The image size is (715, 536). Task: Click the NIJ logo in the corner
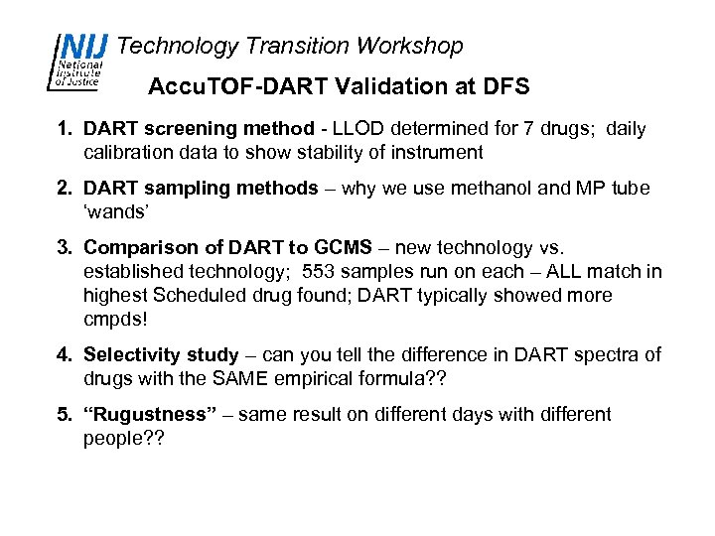pos(79,63)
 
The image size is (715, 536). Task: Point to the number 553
pos(291,272)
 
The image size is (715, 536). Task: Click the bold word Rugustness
pos(150,415)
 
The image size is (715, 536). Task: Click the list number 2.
pos(62,189)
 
